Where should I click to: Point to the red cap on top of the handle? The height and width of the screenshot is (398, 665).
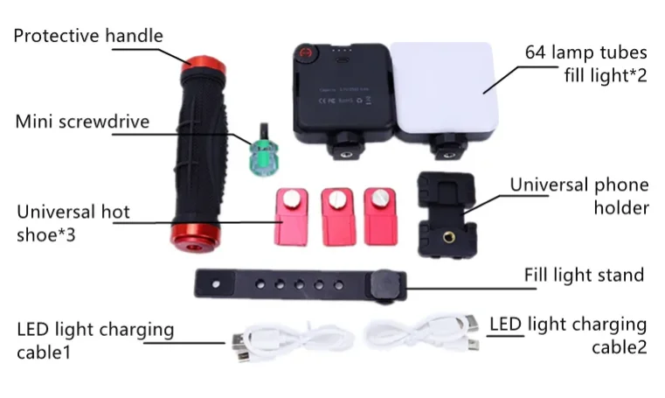pos(197,65)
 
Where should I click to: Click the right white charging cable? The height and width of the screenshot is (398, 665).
pos(419,337)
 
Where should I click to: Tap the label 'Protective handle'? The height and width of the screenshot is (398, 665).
pos(88,36)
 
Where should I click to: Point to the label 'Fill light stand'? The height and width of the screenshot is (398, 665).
pos(584,275)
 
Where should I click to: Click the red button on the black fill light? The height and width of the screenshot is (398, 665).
pos(307,59)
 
